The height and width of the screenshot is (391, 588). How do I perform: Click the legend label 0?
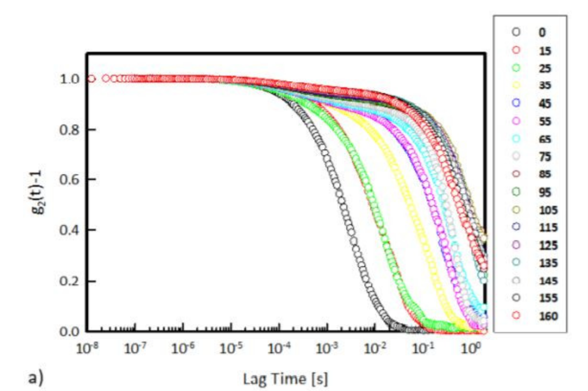[x=542, y=33]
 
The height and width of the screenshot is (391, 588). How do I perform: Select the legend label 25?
[x=545, y=68]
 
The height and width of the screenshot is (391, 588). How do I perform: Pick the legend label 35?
[x=545, y=86]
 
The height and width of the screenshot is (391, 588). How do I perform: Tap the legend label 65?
[x=545, y=139]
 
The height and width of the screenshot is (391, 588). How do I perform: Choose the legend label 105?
[x=548, y=210]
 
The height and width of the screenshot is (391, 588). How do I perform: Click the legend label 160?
[x=548, y=316]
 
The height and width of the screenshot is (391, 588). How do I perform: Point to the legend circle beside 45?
[x=516, y=103]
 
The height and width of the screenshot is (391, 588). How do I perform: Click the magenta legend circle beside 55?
[x=516, y=121]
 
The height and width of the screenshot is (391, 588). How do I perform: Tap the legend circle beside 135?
[x=516, y=262]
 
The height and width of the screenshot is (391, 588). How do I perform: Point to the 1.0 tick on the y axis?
[x=70, y=79]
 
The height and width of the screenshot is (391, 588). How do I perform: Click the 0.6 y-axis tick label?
[x=70, y=179]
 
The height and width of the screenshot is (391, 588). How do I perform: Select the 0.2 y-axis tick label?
[x=70, y=281]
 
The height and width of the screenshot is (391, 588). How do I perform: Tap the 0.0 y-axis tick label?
[x=70, y=331]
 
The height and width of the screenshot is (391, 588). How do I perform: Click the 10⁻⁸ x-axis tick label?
[x=87, y=348]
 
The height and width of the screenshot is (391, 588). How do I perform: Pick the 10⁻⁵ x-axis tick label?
[x=231, y=348]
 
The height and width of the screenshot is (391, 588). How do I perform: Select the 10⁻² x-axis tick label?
[x=375, y=348]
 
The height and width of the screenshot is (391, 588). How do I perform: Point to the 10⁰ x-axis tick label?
[x=470, y=348]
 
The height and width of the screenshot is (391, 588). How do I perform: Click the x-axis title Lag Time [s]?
[x=285, y=379]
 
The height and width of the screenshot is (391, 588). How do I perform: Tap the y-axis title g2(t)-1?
[x=39, y=192]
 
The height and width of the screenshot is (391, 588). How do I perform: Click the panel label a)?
[x=36, y=378]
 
